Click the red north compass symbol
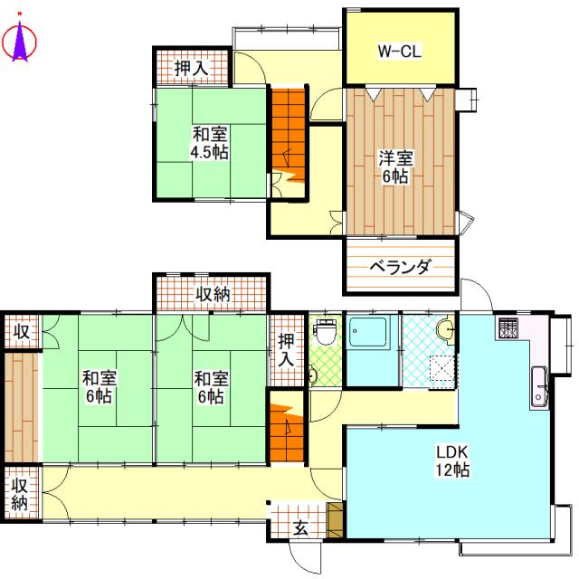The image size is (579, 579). [19, 42]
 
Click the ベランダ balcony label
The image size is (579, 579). [399, 268]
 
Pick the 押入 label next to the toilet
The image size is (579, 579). [287, 349]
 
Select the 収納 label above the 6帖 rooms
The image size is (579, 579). [214, 293]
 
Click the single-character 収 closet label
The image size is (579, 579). [20, 332]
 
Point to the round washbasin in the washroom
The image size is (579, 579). [444, 329]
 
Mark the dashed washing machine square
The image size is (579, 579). [441, 370]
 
